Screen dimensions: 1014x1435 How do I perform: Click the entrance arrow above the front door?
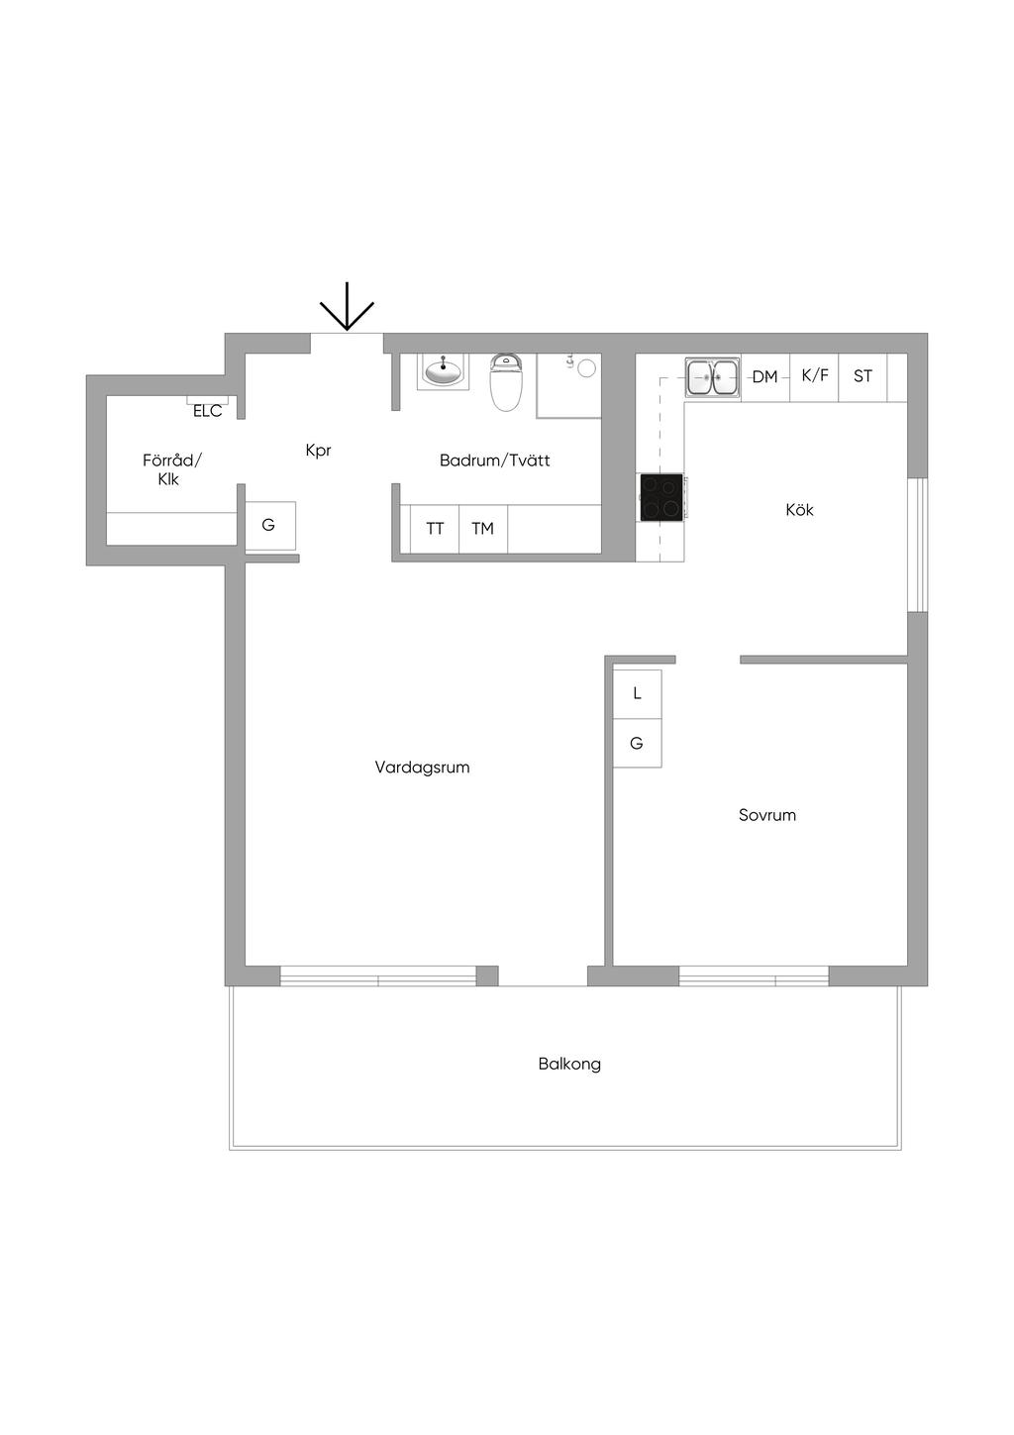[347, 306]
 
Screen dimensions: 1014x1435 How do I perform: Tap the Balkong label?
[569, 1064]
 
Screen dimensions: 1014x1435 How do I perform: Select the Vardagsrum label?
[422, 767]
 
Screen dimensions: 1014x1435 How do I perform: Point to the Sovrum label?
[766, 815]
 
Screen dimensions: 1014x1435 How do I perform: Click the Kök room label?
[799, 510]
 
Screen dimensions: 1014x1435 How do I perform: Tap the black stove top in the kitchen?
[660, 497]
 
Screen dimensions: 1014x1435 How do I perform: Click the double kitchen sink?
[712, 377]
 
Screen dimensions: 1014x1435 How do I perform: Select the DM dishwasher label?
[764, 376]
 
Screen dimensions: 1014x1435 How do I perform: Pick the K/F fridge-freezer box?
[814, 377]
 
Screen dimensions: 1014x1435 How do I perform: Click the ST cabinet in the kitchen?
[862, 377]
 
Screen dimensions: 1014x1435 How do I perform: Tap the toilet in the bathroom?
[506, 382]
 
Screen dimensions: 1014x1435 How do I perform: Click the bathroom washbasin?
[443, 371]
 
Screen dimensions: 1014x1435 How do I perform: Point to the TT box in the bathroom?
[435, 529]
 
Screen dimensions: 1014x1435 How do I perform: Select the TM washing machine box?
[483, 529]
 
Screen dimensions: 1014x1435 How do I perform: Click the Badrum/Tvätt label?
[494, 460]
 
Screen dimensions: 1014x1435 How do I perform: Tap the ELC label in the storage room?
[208, 411]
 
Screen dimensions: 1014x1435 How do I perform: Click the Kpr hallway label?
[318, 451]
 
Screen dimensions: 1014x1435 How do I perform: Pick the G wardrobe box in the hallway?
[270, 525]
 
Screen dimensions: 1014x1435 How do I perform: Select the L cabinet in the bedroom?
[637, 694]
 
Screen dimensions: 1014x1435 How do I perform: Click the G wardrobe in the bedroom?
[637, 743]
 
